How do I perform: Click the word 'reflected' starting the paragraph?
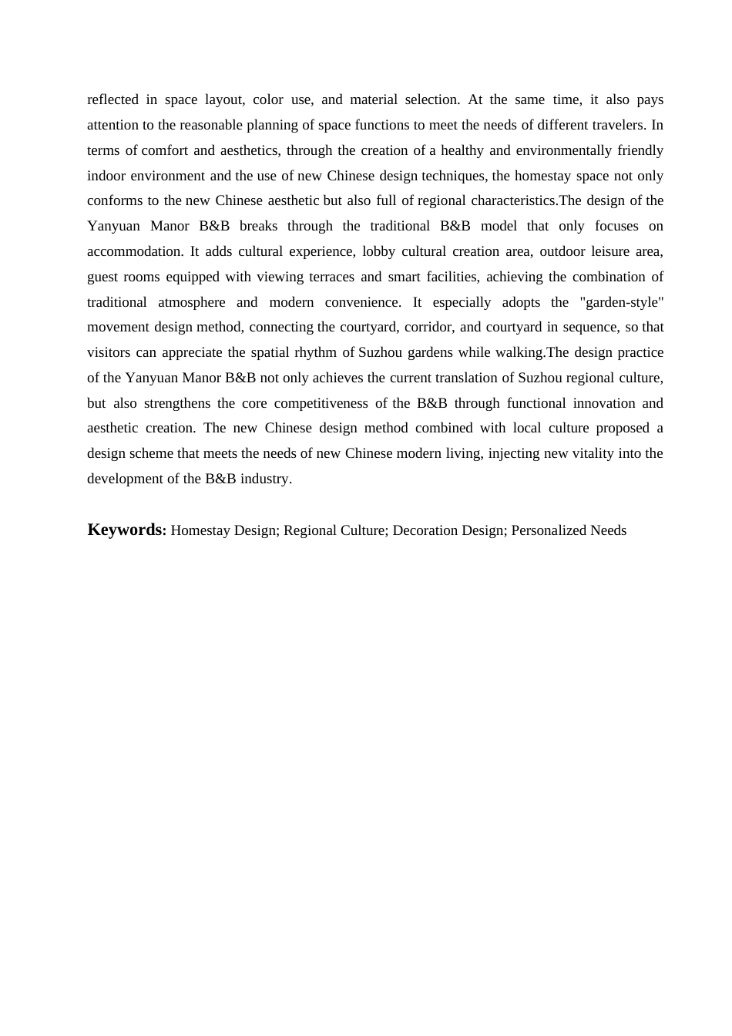(x=112, y=99)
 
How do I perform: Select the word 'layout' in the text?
(x=223, y=99)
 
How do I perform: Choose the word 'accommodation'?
(x=135, y=251)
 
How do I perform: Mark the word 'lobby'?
(x=378, y=251)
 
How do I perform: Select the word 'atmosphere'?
(x=192, y=302)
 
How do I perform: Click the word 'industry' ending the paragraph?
(x=265, y=479)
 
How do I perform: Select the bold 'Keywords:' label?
(x=126, y=530)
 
